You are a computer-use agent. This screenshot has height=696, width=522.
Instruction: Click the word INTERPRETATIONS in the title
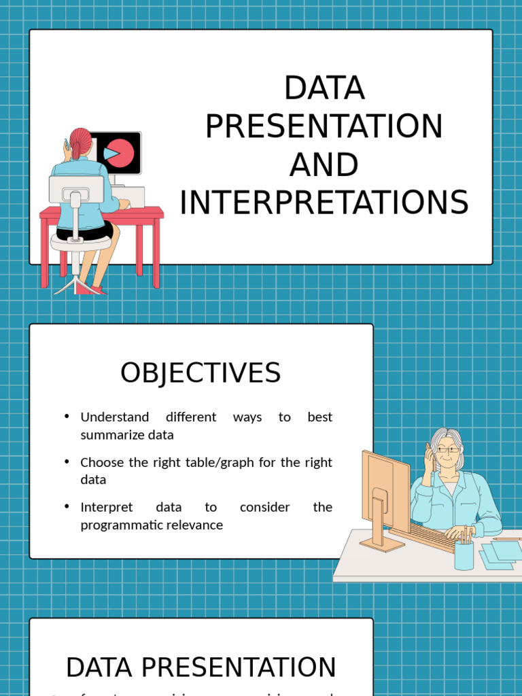[324, 203]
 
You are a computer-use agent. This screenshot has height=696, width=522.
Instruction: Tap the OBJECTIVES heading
[201, 373]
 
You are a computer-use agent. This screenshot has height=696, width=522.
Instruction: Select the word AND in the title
[324, 164]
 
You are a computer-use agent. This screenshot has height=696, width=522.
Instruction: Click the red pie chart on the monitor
[120, 152]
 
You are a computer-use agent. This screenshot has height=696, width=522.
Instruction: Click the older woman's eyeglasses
[448, 449]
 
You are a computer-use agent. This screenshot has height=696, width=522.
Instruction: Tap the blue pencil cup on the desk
[464, 554]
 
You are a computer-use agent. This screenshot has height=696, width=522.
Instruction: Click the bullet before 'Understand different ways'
[67, 416]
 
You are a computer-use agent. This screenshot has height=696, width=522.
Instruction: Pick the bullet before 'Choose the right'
[67, 462]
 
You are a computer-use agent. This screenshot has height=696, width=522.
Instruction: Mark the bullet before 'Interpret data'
[67, 506]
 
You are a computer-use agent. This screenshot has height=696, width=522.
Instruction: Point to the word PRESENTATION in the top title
[324, 126]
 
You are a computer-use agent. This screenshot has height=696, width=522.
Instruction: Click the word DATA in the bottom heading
[100, 667]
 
